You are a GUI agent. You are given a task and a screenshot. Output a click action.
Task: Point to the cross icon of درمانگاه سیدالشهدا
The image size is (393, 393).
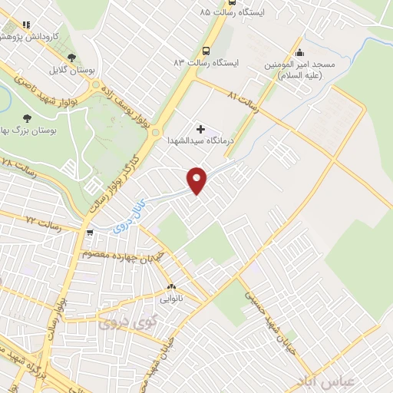[x=201, y=129]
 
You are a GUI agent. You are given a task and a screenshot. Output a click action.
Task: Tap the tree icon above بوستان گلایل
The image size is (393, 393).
[x=71, y=57]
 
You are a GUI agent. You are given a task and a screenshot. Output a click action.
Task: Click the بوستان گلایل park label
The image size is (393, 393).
[x=71, y=70]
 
